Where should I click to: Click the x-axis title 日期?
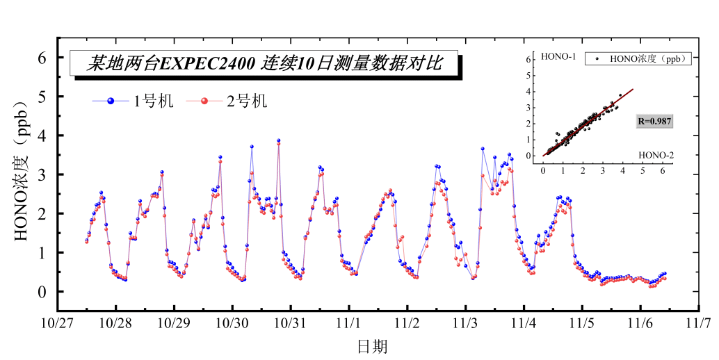[x=372, y=345]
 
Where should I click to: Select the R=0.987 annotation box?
[x=655, y=121]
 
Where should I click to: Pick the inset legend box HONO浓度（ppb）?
[x=638, y=59]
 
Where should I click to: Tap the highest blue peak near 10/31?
[x=278, y=140]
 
